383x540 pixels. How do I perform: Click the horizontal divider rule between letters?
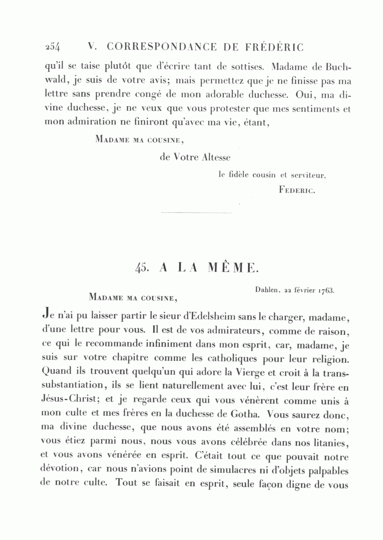[197, 212]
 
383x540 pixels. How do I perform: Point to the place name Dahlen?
[267, 290]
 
